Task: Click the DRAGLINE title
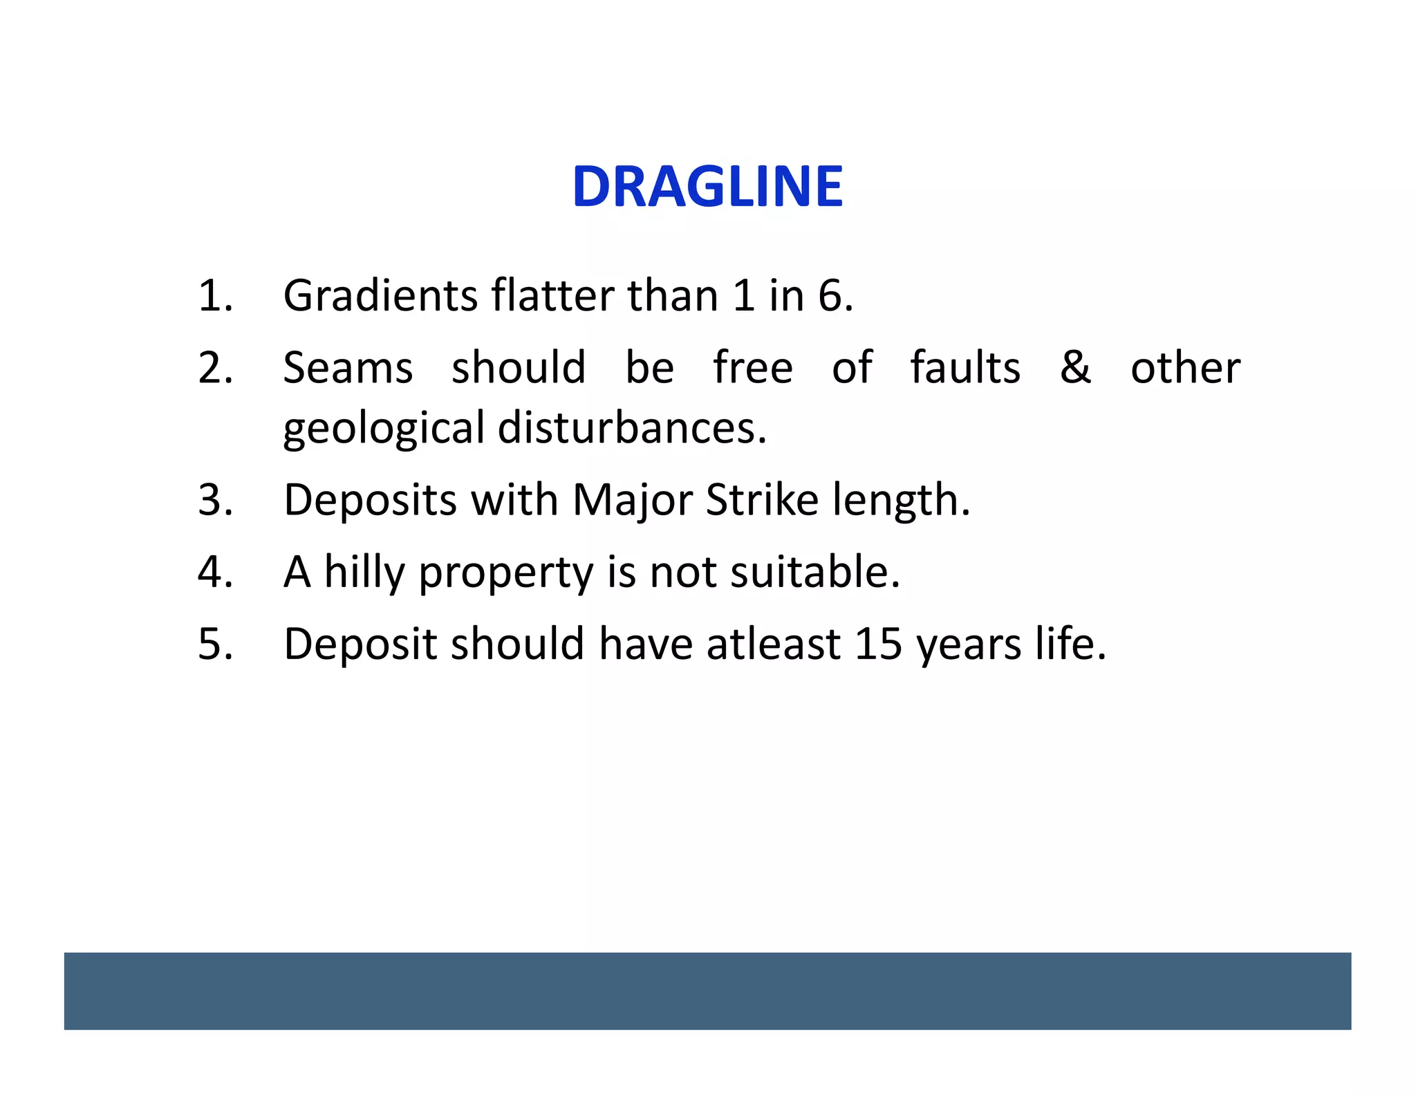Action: point(707,187)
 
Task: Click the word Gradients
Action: point(380,296)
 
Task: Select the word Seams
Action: point(348,368)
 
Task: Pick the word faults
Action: point(965,368)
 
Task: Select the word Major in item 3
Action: point(632,501)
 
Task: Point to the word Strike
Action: point(761,500)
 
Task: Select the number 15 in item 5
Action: point(879,645)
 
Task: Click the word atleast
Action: point(773,645)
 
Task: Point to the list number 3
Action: point(214,500)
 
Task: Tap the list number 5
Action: point(214,645)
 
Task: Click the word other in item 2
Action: point(1185,368)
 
